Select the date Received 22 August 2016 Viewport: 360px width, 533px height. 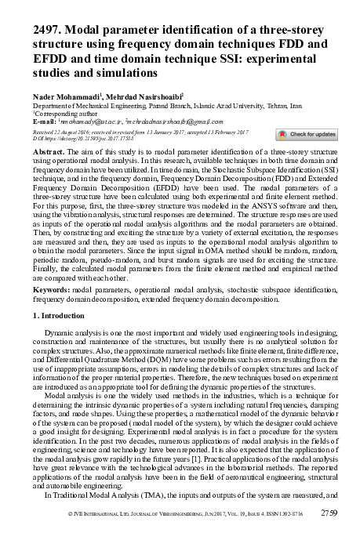(62, 132)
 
